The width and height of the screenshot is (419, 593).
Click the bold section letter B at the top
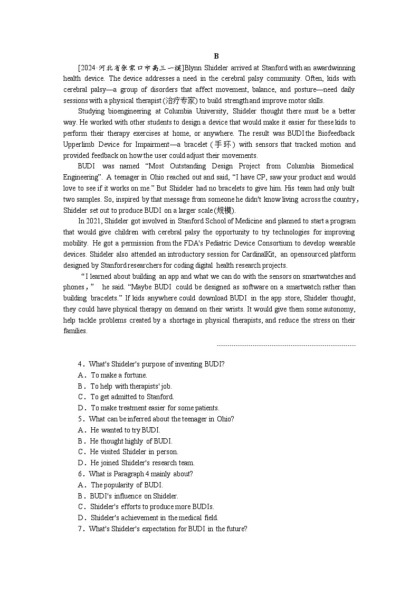pos(216,57)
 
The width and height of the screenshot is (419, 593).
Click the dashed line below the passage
pos(286,345)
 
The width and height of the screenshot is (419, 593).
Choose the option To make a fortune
pos(111,375)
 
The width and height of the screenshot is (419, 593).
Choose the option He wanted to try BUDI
pos(125,430)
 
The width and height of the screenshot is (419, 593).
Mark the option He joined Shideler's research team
pos(142,463)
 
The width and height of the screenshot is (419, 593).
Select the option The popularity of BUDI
pos(127,485)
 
